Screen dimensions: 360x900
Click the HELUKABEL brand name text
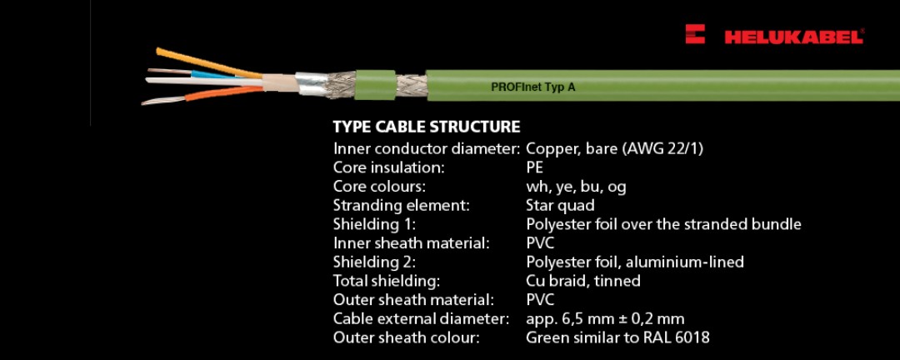793,37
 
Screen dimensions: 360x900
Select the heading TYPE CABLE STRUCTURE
426,127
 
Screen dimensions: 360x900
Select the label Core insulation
388,167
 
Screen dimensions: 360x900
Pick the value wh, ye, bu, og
576,187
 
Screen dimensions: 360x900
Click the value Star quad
560,205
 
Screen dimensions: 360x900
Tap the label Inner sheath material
411,243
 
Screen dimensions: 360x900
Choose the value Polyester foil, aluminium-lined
634,262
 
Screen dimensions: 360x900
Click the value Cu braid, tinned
582,281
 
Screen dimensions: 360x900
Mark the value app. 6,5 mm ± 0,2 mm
605,318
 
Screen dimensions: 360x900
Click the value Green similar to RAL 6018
617,337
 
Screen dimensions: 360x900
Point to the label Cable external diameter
421,318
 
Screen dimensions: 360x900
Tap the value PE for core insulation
535,167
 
